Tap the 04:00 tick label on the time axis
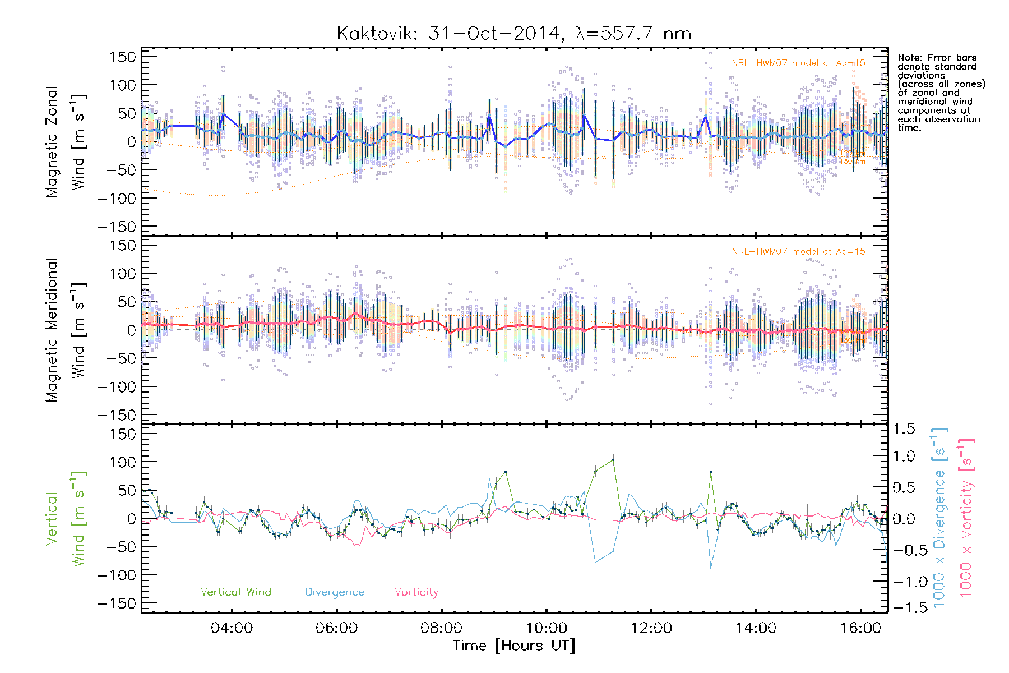coord(232,628)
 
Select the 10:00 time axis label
coord(547,628)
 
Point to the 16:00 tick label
coord(861,628)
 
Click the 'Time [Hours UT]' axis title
coord(514,646)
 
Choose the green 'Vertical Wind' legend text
coord(235,592)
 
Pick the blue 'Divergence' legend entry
coord(335,592)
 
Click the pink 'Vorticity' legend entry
coord(416,592)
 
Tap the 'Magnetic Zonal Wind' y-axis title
coord(66,142)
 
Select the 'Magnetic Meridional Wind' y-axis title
coord(66,330)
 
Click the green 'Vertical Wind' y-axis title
coord(66,519)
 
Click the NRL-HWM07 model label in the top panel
coord(798,63)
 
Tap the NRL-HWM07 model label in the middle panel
coord(798,252)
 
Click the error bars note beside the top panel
coord(941,93)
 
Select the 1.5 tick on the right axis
coord(904,430)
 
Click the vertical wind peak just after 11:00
coord(613,460)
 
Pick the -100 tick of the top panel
coord(117,199)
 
